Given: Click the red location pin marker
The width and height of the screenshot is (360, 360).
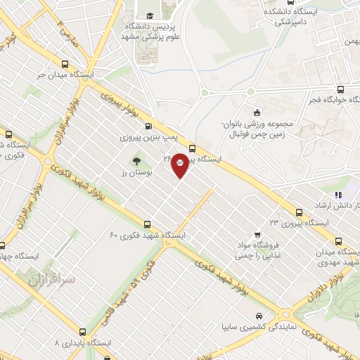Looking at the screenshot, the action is point(180,164).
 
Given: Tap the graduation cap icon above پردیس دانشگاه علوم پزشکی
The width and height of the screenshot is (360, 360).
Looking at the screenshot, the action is point(149,16).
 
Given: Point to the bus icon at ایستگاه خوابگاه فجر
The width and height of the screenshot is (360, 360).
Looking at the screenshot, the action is point(340,89).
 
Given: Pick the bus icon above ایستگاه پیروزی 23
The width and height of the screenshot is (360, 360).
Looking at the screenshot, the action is point(300,211).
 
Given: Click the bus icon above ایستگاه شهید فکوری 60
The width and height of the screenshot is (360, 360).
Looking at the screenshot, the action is point(146,222).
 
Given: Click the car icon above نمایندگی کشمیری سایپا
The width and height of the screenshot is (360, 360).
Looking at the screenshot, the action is point(259,315).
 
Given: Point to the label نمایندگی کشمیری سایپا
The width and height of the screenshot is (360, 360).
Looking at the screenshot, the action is point(259,327).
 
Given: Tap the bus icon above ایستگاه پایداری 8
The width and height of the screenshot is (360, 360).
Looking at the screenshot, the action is point(84,330).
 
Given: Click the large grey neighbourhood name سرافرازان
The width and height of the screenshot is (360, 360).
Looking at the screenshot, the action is point(51,279).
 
